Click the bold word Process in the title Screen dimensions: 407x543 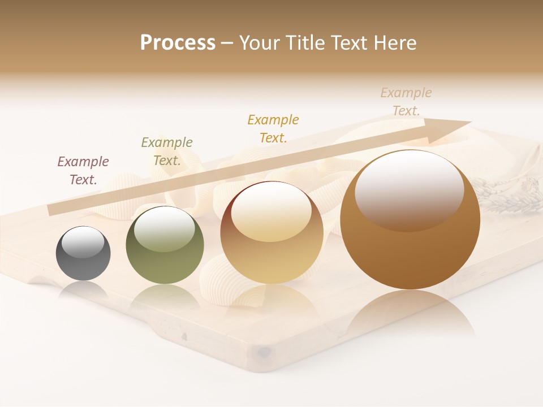coord(178,43)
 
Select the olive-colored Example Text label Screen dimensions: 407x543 coord(167,151)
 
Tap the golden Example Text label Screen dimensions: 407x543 coord(273,128)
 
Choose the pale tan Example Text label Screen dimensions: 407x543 coord(406,102)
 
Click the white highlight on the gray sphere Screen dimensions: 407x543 coord(83,243)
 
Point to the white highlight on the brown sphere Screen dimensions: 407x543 coord(410,189)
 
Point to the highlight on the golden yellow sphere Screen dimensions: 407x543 coord(271,212)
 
